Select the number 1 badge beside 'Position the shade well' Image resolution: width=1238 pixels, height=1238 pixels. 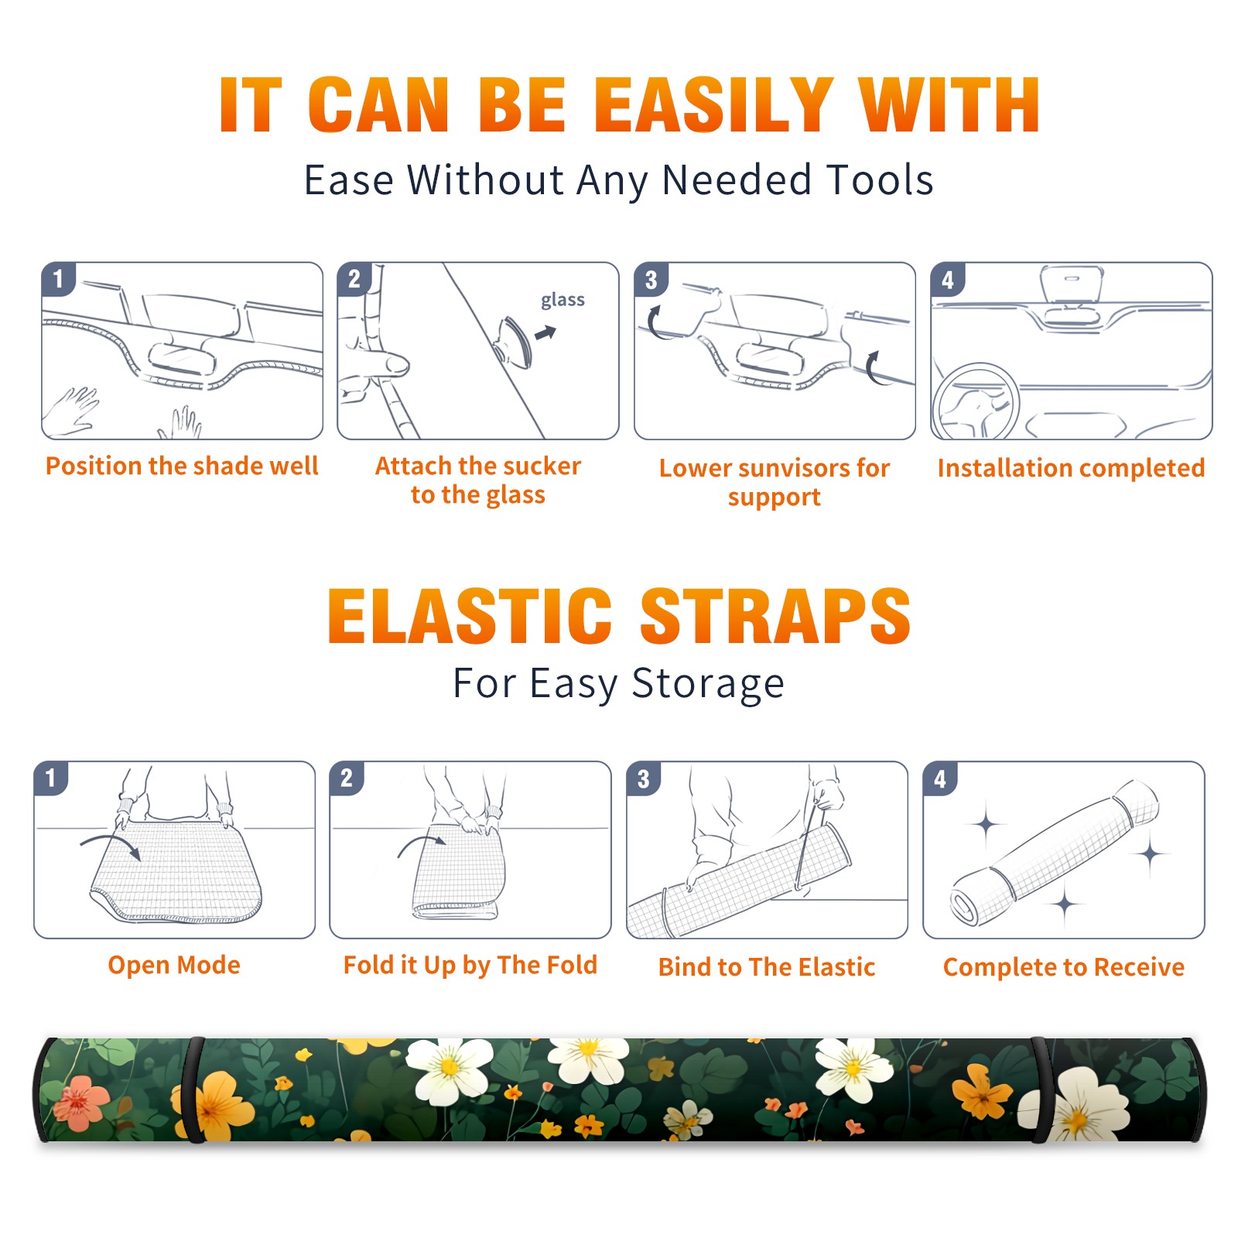pyautogui.click(x=59, y=279)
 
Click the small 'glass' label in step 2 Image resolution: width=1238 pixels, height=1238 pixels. pyautogui.click(x=563, y=300)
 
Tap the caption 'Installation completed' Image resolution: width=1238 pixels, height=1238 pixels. pyautogui.click(x=1071, y=468)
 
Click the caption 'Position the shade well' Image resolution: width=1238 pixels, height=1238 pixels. pyautogui.click(x=182, y=466)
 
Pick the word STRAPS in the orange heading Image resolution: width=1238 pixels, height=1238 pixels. pyautogui.click(x=775, y=616)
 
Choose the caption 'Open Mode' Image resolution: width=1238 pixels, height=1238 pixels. pyautogui.click(x=174, y=965)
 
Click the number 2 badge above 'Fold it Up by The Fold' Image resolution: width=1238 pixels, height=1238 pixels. pyautogui.click(x=347, y=778)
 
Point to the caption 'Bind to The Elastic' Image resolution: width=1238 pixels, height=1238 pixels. pyautogui.click(x=767, y=967)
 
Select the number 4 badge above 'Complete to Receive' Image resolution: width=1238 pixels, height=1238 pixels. pyautogui.click(x=940, y=778)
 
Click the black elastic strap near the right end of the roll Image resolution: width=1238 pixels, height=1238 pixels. pyautogui.click(x=1039, y=1089)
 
